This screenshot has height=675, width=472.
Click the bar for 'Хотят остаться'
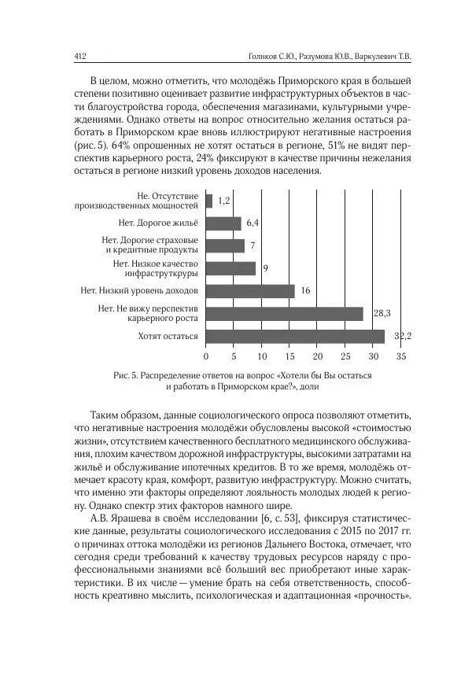(x=295, y=336)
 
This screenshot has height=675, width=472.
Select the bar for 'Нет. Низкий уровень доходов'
(x=250, y=291)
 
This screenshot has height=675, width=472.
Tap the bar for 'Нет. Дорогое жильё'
(x=223, y=223)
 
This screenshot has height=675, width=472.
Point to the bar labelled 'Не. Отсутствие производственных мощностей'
(x=209, y=201)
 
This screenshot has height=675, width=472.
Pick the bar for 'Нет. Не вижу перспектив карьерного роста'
(x=284, y=313)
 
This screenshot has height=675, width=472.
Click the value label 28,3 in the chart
(x=382, y=313)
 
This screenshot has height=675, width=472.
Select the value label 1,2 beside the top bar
(x=223, y=201)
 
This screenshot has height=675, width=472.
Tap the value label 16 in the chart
(x=306, y=291)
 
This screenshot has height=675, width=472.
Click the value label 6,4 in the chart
(x=253, y=223)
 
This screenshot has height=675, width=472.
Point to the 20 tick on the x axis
(x=317, y=356)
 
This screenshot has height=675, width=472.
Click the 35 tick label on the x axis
(x=401, y=356)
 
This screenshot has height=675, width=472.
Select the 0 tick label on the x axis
(x=206, y=356)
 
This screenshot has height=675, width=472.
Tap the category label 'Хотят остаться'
(x=168, y=337)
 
